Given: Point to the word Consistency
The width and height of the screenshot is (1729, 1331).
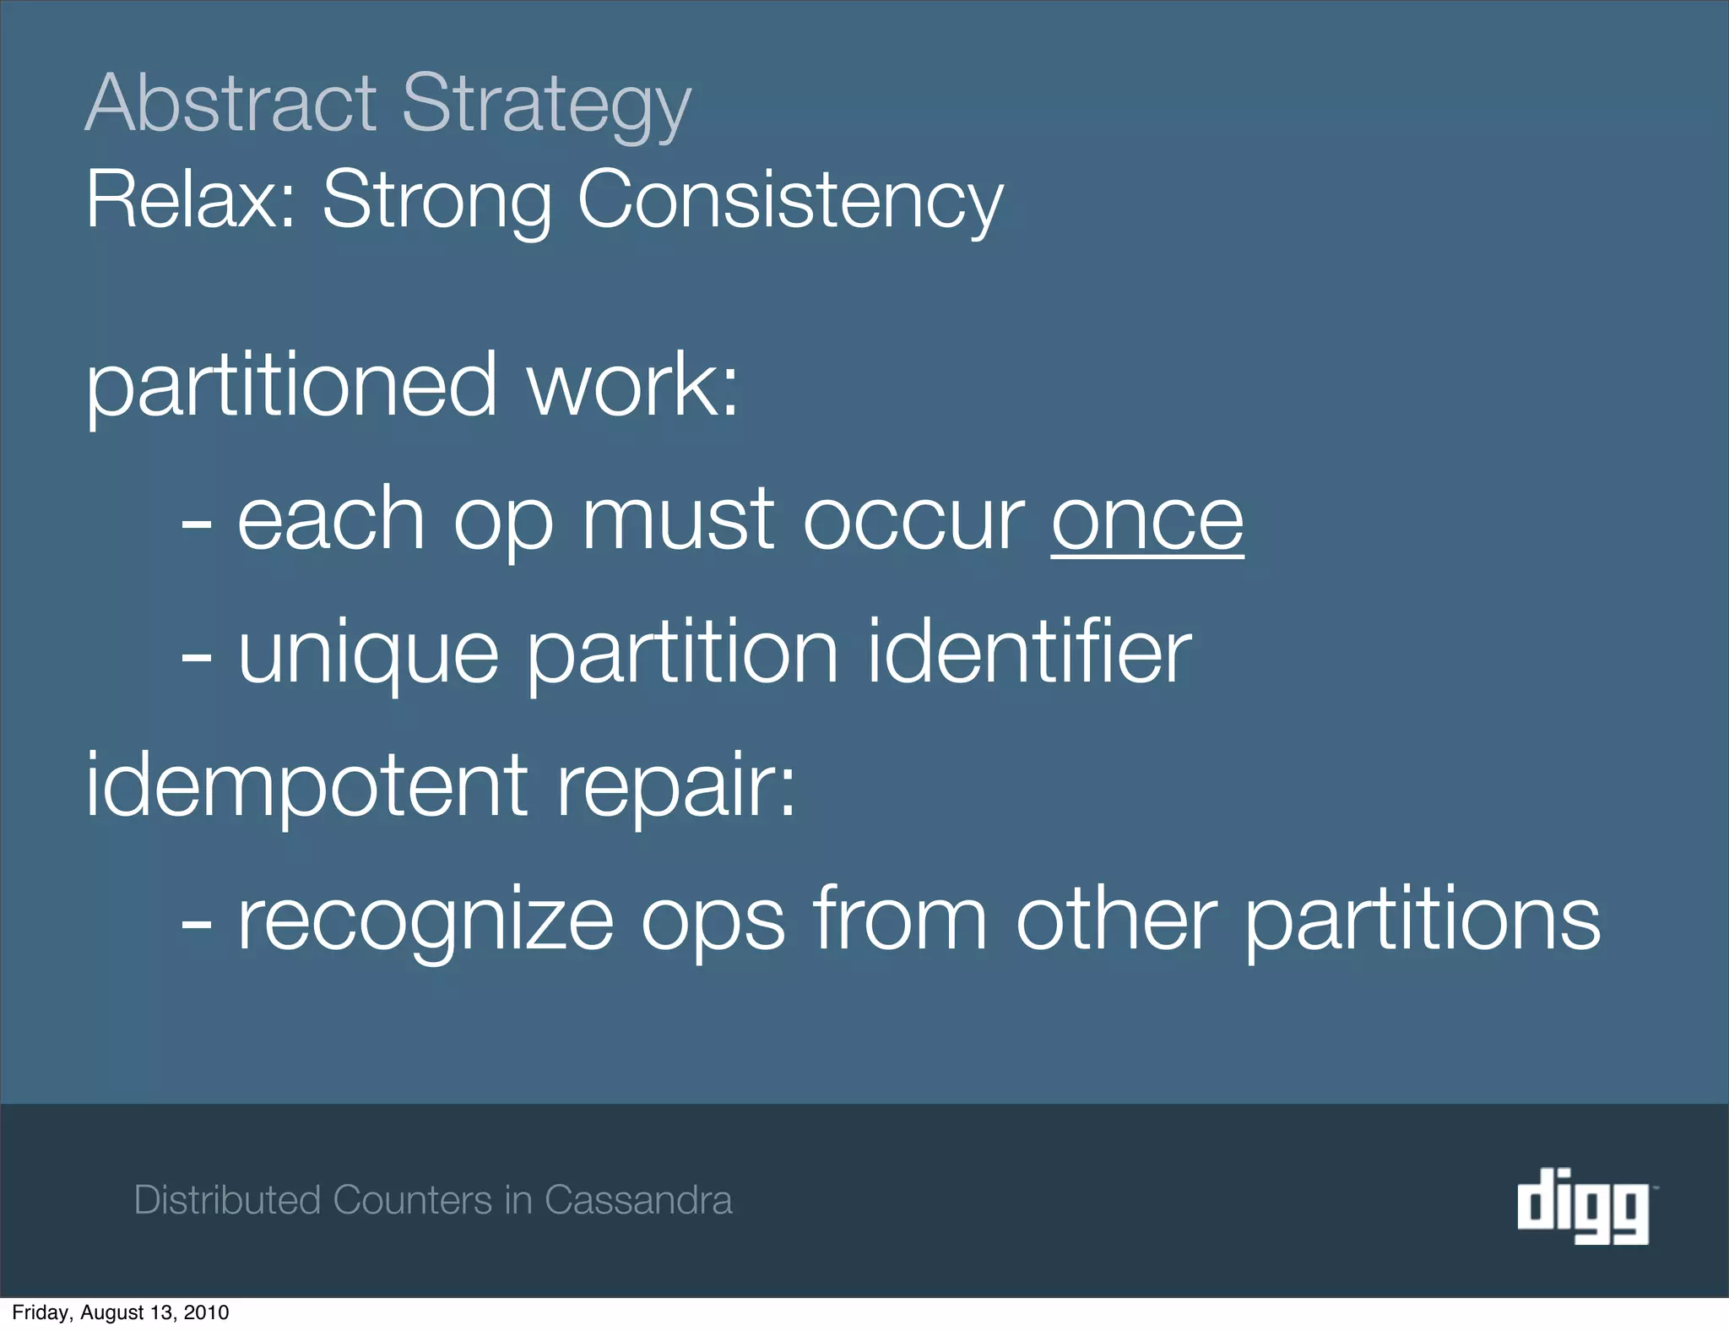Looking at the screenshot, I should click(790, 201).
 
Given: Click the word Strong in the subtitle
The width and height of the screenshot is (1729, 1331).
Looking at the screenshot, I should click(437, 201).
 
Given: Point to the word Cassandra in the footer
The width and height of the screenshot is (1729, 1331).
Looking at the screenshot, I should click(638, 1200).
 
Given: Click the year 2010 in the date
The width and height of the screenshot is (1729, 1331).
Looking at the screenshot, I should click(207, 1312).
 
